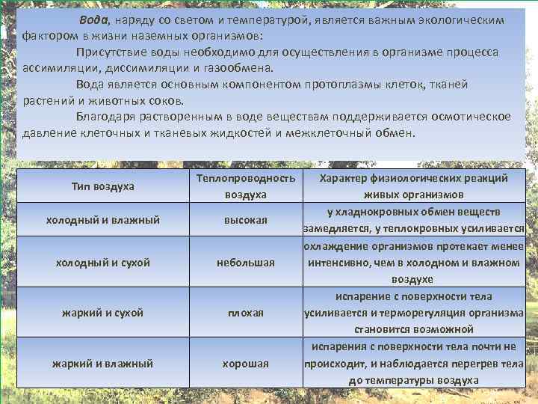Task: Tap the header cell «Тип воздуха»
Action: [x=102, y=186]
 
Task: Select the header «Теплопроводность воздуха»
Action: [x=246, y=186]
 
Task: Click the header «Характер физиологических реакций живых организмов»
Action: [x=413, y=186]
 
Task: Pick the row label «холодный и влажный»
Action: [x=103, y=220]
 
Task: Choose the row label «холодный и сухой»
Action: [x=103, y=263]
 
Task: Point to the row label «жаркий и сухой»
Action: [x=103, y=312]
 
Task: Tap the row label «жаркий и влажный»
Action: [x=103, y=363]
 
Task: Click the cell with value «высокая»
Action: [x=246, y=220]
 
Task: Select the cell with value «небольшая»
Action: [x=246, y=263]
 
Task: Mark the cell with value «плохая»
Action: [x=246, y=312]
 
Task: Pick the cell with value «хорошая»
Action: [x=246, y=363]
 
